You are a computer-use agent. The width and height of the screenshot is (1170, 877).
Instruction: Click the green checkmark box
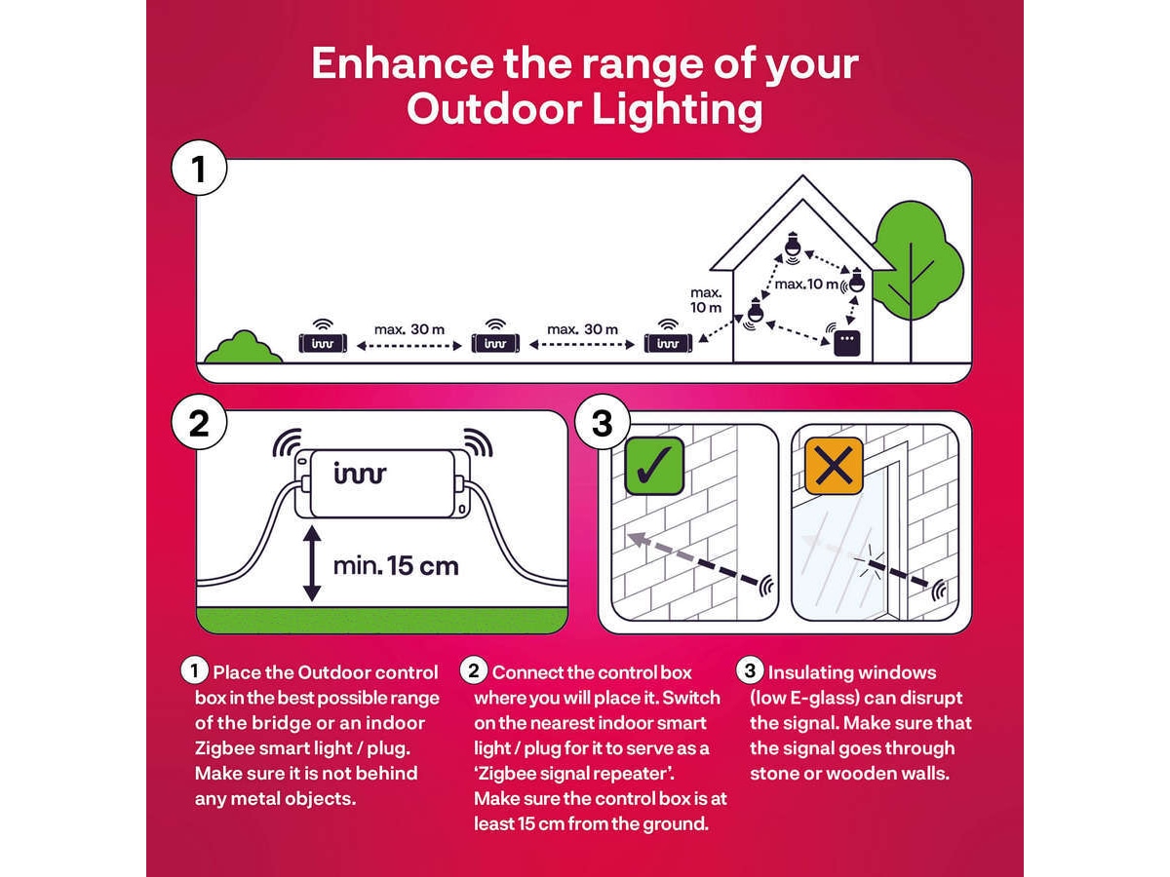654,466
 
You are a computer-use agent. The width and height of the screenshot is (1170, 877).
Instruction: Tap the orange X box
834,466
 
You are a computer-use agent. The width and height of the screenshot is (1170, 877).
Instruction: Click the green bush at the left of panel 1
244,347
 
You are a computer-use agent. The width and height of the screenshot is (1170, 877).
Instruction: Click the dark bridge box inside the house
847,343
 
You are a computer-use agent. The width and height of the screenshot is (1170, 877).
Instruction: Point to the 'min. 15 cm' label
396,566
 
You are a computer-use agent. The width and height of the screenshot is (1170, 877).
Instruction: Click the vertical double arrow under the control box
312,564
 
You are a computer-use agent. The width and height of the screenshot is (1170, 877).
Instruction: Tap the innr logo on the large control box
360,473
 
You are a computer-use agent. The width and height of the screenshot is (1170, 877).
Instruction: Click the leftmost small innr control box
323,343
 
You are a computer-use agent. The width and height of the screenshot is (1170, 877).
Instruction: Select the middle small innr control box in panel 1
495,343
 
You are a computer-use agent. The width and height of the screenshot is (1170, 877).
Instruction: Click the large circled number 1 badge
199,169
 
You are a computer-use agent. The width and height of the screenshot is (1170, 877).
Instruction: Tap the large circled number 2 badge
199,423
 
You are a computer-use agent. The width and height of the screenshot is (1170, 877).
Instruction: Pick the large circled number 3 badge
603,423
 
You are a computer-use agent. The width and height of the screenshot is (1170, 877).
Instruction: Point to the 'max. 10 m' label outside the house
706,300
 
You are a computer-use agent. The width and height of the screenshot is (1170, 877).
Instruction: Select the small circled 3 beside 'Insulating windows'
750,670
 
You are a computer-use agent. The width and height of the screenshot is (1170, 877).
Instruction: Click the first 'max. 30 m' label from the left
409,329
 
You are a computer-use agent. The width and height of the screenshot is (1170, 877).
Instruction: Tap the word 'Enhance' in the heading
403,63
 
